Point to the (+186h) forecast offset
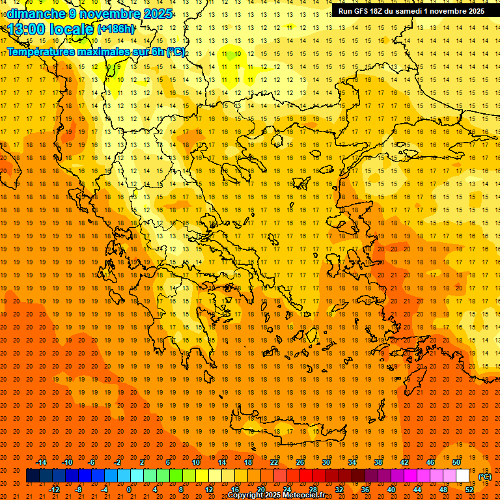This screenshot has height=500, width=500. tap(117, 29)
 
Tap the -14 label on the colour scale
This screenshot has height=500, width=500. tap(41, 462)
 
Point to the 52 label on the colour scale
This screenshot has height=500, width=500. tap(469, 489)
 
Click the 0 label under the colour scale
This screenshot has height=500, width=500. tap(129, 489)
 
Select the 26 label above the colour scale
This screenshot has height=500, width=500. tap(300, 462)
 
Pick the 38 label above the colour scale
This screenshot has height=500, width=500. tap(378, 462)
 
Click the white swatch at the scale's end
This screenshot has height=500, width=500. tap(462, 475)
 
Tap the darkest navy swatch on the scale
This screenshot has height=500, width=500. tap(33, 475)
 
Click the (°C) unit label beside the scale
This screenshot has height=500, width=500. tap(485, 477)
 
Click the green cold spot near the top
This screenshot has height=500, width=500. tap(230, 55)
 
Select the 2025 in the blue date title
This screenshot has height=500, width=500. tap(157, 14)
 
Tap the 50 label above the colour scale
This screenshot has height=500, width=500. tap(456, 462)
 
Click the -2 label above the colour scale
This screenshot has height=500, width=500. tap(118, 462)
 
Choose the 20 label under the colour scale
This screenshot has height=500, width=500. tap(260, 489)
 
